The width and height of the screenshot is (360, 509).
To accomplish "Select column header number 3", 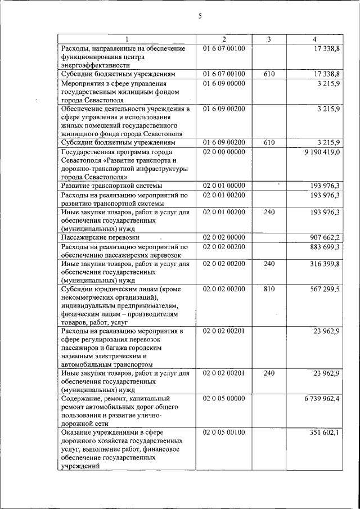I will click(x=269, y=39).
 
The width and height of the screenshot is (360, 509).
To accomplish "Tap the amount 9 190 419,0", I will click(x=320, y=152).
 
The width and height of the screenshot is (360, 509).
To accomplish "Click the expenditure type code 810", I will click(x=269, y=289).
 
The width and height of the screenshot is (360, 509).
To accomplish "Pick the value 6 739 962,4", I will click(x=320, y=398).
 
